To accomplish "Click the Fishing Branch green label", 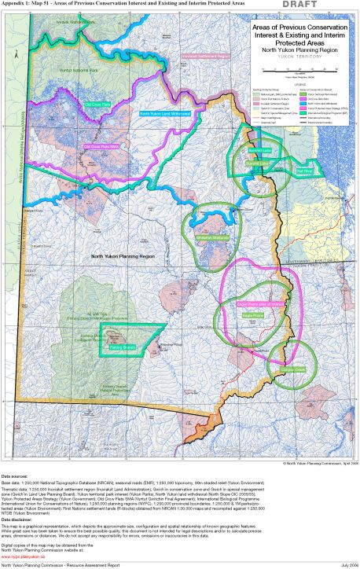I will [123, 345].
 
